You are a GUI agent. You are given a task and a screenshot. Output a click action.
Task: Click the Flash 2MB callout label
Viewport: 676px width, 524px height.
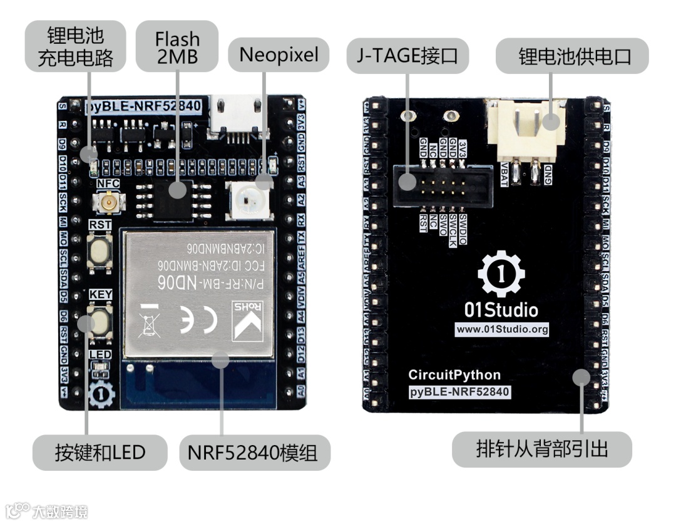tap(177, 48)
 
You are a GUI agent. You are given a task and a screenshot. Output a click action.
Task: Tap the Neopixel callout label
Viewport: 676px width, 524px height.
tap(279, 55)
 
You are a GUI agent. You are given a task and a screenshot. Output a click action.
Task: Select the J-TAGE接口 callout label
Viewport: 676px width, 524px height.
tap(407, 56)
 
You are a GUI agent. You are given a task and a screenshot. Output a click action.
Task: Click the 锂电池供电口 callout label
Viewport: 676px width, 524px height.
tap(572, 56)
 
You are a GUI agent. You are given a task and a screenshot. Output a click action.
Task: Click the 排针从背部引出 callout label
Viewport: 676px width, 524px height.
tap(541, 449)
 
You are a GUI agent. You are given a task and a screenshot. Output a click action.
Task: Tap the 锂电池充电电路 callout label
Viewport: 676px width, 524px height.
tap(76, 46)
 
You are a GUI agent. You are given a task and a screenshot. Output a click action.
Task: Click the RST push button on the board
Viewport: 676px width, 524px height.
tap(99, 251)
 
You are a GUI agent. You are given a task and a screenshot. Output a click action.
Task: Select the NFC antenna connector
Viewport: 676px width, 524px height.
tap(108, 202)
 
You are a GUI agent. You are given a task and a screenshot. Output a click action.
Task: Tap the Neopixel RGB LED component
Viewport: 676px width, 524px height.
tap(247, 200)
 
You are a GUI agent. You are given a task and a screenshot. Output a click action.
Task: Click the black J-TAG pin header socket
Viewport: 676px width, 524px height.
tap(444, 187)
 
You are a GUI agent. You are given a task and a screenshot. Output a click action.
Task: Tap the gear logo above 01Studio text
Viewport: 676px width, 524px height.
tap(501, 273)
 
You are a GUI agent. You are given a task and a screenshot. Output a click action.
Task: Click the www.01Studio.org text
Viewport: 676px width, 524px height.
tap(502, 329)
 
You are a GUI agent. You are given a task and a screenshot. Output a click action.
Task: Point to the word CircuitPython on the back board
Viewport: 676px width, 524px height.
tap(454, 375)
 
